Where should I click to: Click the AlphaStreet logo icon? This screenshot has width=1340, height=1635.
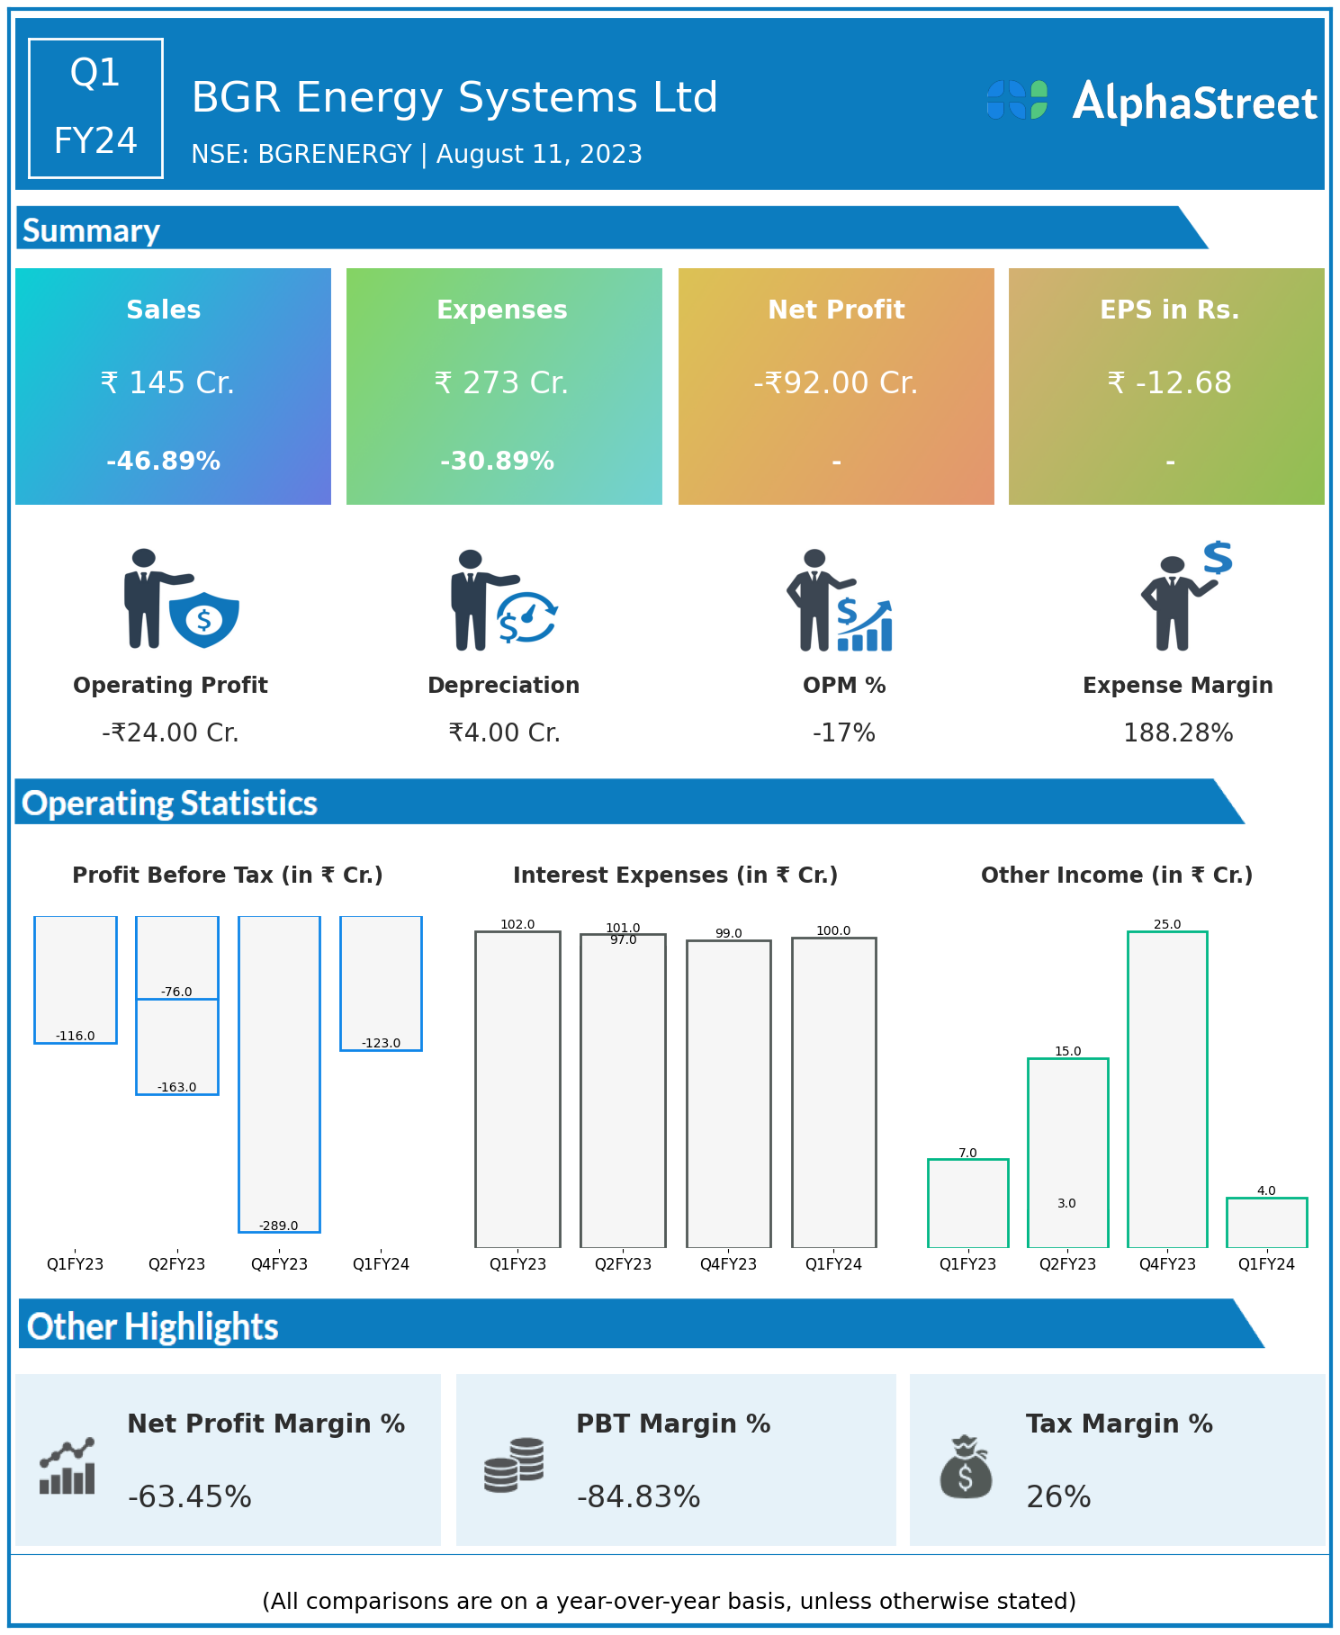coord(1017,100)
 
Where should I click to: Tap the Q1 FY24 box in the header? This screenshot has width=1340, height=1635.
coord(95,108)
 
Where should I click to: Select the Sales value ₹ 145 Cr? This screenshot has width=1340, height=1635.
coord(167,383)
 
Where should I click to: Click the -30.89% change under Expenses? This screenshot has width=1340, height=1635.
coord(497,462)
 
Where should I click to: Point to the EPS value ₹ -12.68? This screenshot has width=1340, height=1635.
coord(1169,383)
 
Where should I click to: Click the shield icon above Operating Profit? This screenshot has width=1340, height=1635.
coord(204,618)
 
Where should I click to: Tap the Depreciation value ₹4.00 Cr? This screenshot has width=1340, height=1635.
coord(504,733)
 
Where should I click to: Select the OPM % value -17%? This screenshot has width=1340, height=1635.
coord(843,733)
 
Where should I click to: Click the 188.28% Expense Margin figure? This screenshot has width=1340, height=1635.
coord(1177,733)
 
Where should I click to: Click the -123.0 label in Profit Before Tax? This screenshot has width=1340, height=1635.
coord(381,1044)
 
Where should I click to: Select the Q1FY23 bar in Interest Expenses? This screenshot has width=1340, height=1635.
coord(517,1089)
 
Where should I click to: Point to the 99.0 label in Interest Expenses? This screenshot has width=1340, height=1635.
coord(728,934)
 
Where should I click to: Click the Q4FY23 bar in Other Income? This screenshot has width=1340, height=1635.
coord(1167,1089)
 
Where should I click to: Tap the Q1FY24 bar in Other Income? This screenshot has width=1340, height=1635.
coord(1266,1222)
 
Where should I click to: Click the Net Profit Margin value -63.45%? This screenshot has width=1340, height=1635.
coord(190,1496)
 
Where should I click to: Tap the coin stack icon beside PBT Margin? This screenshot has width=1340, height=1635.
coord(514,1465)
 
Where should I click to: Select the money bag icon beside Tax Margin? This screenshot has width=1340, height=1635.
coord(966,1467)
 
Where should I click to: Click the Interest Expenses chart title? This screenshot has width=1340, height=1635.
coord(675,876)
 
